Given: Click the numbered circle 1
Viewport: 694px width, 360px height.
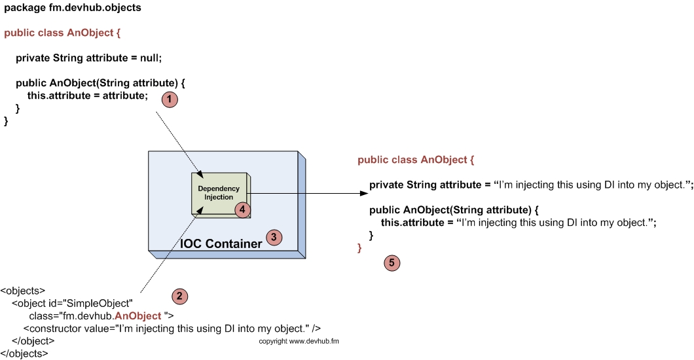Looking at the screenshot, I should [170, 99].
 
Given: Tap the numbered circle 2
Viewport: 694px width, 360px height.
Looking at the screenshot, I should [179, 296].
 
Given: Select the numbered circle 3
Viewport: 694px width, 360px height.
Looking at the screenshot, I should [274, 238].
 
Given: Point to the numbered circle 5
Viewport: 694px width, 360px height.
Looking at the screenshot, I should [391, 262].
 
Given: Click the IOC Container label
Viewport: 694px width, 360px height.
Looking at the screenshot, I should [221, 244].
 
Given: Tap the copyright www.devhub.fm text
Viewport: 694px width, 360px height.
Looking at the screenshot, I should [299, 341].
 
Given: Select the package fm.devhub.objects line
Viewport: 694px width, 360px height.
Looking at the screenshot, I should [73, 8].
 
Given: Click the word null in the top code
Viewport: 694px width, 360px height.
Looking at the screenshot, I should [150, 58].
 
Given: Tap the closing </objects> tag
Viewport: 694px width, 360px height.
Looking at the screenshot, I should [24, 353].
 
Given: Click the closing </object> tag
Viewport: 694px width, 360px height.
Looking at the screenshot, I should [33, 341].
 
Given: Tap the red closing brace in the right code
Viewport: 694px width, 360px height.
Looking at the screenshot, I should [359, 247].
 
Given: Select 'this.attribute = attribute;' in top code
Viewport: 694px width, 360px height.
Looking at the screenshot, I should [88, 96].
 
